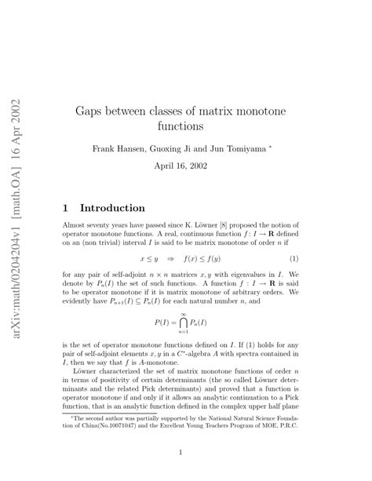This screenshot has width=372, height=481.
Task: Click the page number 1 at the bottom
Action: [x=181, y=451]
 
